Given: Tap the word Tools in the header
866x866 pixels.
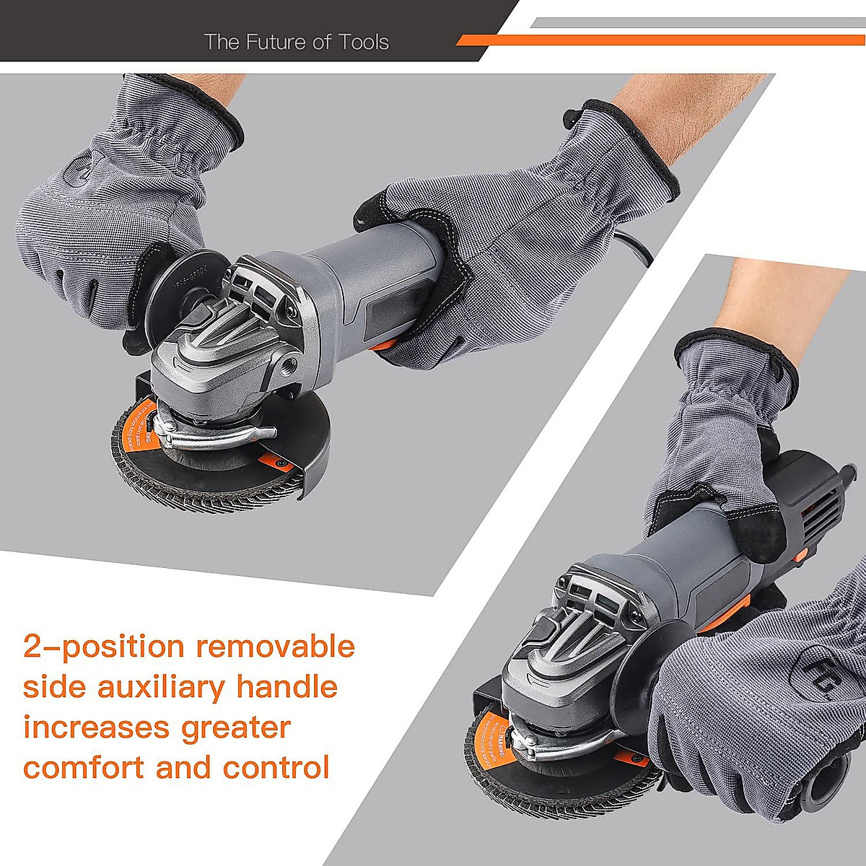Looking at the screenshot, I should [362, 42].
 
